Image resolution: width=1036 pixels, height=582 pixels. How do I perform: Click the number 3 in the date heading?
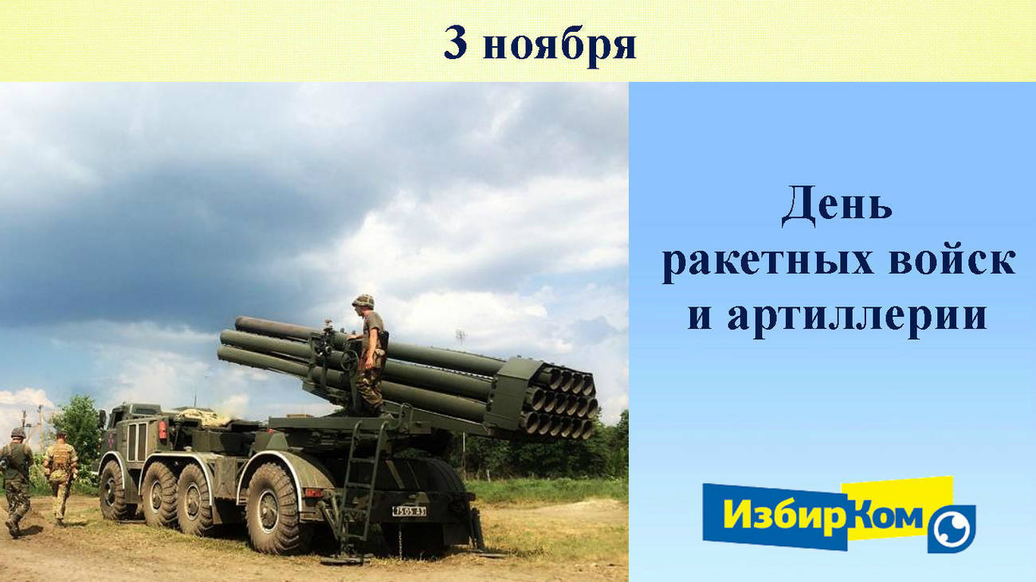point(455,43)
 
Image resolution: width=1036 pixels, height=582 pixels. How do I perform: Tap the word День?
point(837,206)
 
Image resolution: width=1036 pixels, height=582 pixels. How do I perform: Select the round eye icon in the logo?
point(952,529)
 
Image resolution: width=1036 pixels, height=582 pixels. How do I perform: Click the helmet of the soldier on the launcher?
point(363,301)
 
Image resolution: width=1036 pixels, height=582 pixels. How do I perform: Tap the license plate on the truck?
point(410,511)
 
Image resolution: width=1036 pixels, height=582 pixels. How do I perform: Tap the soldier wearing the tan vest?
point(60,478)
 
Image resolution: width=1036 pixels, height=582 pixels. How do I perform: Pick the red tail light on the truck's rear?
point(162,430)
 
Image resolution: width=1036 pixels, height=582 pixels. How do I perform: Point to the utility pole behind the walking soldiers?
point(41,428)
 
